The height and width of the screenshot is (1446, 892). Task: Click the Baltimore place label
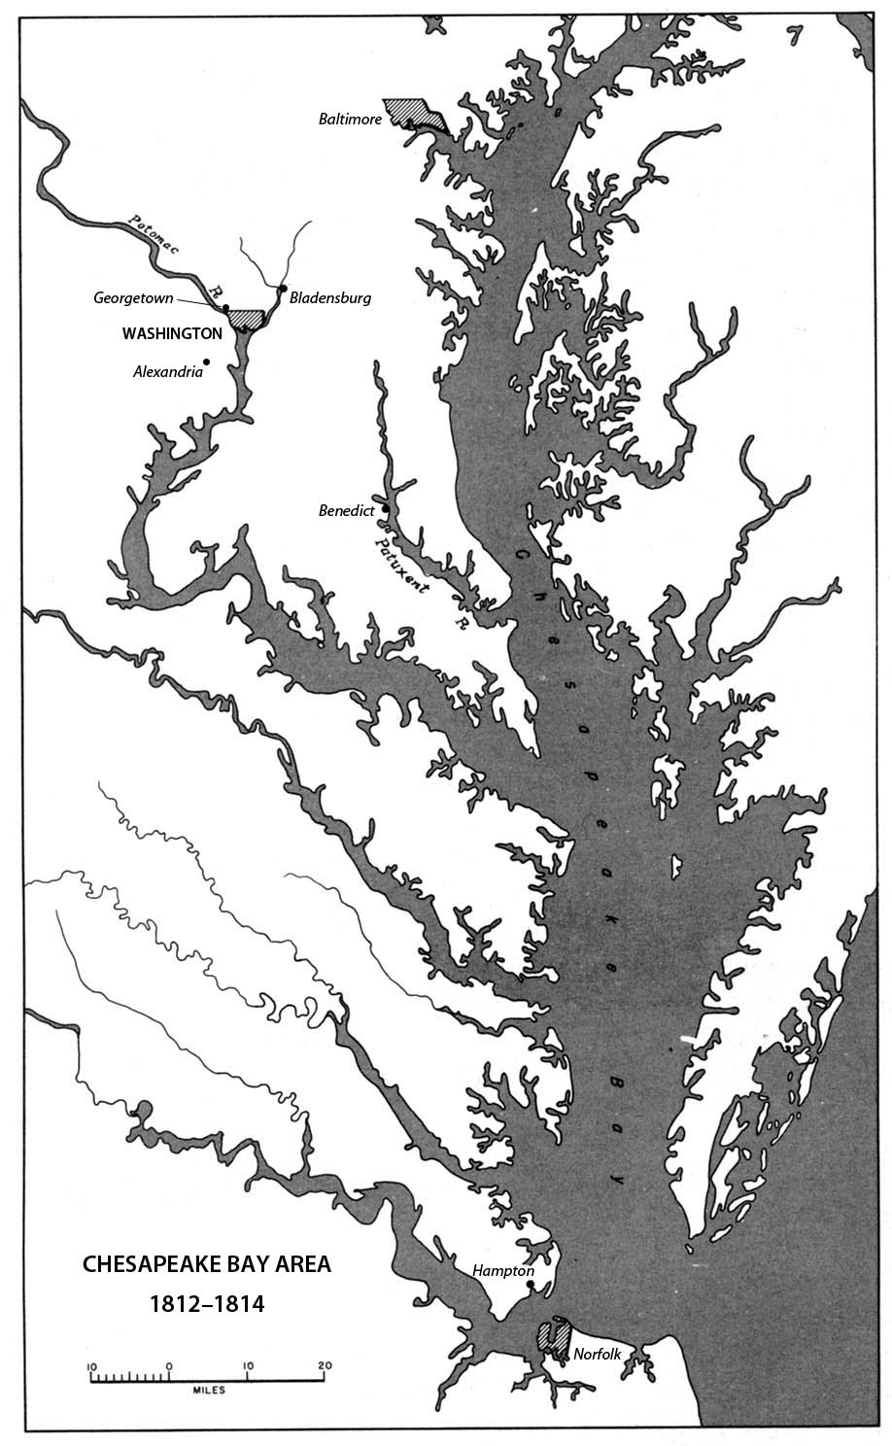click(x=350, y=120)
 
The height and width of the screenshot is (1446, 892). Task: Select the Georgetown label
click(x=133, y=298)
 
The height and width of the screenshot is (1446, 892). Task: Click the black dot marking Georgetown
click(x=225, y=308)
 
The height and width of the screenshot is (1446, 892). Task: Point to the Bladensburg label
click(x=330, y=298)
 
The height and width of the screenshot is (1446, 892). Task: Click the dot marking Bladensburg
click(x=282, y=289)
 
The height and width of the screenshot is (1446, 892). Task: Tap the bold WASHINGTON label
click(x=172, y=333)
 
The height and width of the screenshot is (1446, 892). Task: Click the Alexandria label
click(x=168, y=371)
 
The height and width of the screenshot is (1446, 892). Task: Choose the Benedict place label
click(x=347, y=510)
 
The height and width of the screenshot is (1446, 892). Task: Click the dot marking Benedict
click(x=386, y=508)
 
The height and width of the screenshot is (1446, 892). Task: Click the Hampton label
click(x=502, y=1270)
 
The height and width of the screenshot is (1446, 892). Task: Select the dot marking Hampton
click(x=530, y=1285)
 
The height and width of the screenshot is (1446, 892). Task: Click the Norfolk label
click(x=597, y=1354)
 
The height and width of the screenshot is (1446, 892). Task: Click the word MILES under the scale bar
click(x=208, y=1391)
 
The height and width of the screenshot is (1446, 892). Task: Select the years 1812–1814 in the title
click(x=206, y=1303)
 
